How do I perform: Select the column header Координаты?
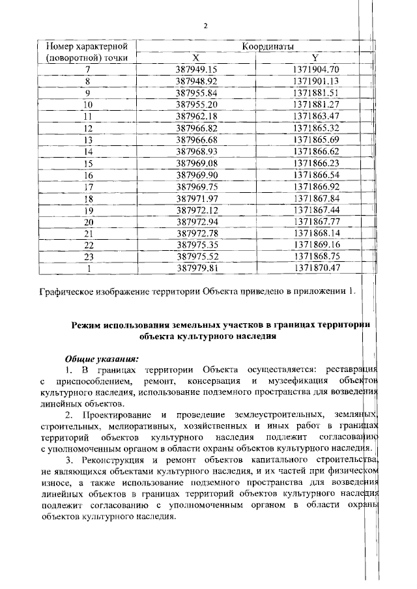pos(266,47)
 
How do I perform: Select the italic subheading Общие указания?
pos(102,358)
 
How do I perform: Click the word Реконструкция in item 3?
pos(113,462)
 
